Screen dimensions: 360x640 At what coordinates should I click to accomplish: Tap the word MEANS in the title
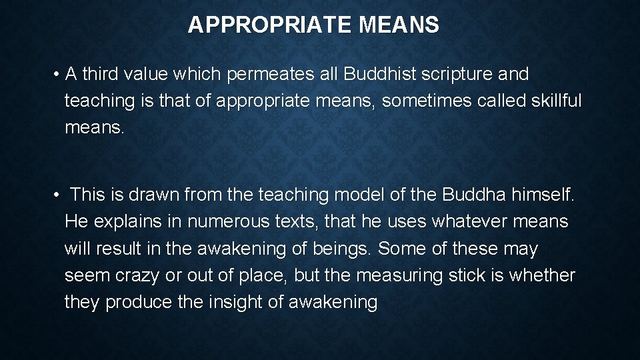(399, 25)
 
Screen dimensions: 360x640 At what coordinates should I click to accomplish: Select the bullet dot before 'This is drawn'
(59, 195)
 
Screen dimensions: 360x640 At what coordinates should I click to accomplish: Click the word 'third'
(103, 75)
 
